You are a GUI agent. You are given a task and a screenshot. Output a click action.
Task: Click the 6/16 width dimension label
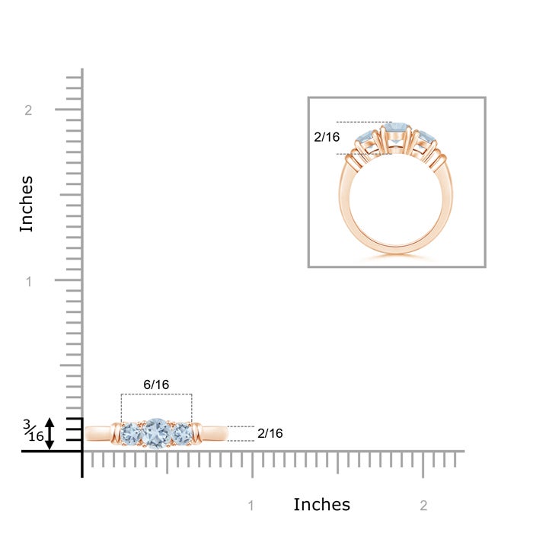156,385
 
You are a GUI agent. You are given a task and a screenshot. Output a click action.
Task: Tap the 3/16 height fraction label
34,430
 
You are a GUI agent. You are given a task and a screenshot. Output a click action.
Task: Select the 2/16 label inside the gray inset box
327,137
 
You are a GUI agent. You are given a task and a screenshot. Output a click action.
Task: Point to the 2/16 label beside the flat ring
270,433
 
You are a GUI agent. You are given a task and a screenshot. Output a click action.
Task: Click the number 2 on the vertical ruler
28,110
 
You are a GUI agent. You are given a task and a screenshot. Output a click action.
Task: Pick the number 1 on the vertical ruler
29,282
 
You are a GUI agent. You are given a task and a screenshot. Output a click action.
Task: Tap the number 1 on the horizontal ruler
251,506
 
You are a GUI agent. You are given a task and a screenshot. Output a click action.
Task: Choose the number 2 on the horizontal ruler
423,506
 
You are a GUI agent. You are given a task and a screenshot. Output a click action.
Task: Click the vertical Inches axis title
27,204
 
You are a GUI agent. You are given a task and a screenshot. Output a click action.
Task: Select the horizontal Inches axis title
321,504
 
